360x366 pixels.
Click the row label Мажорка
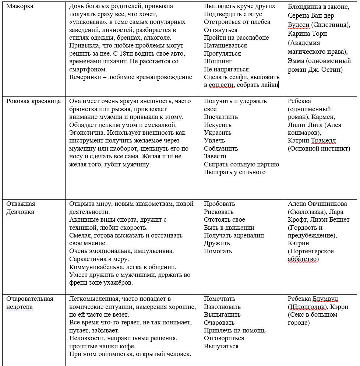click(x=20, y=6)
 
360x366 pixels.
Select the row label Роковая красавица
click(x=33, y=101)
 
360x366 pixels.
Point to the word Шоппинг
click(x=218, y=61)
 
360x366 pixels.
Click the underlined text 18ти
click(x=126, y=53)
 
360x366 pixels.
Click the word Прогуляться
click(x=222, y=53)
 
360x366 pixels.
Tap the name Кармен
click(x=324, y=117)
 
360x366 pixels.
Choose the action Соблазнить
click(x=221, y=149)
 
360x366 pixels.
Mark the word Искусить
click(x=218, y=125)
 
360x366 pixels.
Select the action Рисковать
click(x=219, y=212)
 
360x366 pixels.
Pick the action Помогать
click(x=218, y=251)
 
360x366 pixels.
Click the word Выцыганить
click(x=222, y=315)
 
